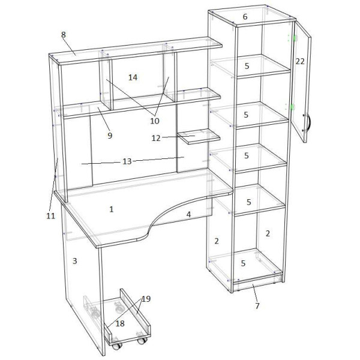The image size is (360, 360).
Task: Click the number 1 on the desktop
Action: click(112, 209)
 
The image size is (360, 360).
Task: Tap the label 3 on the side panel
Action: click(74, 261)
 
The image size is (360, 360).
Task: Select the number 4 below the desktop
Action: click(188, 214)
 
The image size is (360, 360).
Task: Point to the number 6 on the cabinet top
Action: click(245, 17)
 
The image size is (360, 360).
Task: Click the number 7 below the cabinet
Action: click(257, 306)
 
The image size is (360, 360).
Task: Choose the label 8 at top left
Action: click(64, 35)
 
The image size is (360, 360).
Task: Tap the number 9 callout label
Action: click(110, 136)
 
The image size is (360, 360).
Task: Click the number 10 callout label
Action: click(155, 121)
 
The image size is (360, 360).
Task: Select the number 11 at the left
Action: click(51, 216)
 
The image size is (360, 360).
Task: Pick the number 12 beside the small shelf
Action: click(156, 138)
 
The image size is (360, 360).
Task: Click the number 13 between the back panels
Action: click(127, 161)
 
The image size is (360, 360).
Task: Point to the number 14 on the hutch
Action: click(133, 77)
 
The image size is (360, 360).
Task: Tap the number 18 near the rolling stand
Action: click(120, 323)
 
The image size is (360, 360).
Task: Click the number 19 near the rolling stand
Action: click(146, 299)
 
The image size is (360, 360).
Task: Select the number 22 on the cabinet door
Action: click(300, 62)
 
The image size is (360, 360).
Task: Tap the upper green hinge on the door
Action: click(295, 38)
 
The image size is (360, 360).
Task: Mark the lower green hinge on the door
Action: click(293, 107)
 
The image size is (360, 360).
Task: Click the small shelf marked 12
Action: click(199, 136)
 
